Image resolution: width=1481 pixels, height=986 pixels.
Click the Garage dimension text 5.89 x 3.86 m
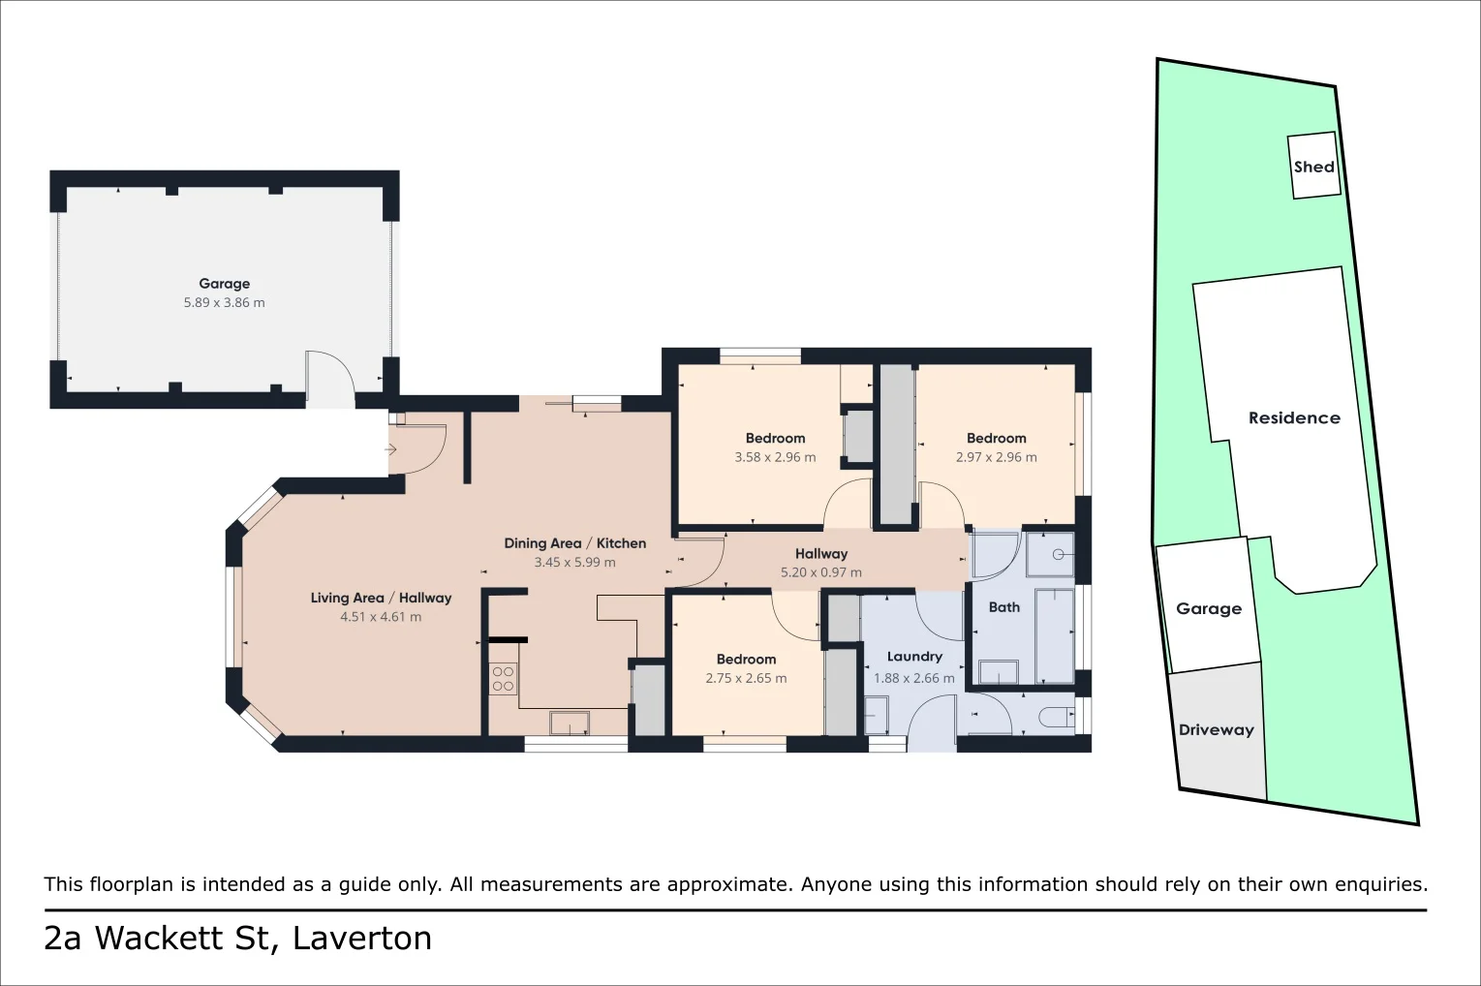[x=224, y=302]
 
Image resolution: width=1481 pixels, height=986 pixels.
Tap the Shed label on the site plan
[x=1313, y=167]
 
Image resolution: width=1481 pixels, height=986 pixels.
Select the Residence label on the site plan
[x=1294, y=418]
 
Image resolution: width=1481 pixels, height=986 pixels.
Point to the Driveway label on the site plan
[x=1216, y=730]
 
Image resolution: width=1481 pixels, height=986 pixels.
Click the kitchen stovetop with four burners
[x=503, y=678]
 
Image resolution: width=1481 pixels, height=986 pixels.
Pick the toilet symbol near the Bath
[x=1055, y=718]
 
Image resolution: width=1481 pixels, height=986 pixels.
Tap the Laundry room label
[x=913, y=657]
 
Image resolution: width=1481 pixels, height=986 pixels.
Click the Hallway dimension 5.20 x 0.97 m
[x=820, y=572]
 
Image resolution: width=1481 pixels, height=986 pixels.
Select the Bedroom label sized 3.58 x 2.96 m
[x=775, y=439]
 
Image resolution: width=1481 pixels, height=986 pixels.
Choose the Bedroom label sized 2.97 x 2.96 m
[x=996, y=439]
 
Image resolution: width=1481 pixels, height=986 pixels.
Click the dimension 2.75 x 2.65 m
[x=746, y=678]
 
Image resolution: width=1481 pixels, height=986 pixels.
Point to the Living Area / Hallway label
[x=381, y=598]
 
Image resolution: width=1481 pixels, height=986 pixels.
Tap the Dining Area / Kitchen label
[x=574, y=543]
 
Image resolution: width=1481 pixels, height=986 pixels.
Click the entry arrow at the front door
[x=390, y=449]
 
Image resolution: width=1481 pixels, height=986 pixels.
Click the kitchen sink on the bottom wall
[x=569, y=723]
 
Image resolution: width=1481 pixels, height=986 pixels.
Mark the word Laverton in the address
[x=362, y=939]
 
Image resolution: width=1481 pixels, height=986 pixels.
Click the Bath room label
[x=1003, y=607]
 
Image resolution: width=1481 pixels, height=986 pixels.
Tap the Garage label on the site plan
[x=1208, y=608]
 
